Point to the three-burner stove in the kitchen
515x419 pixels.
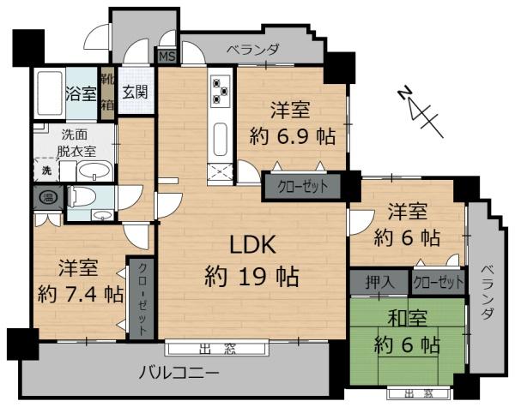tap(219, 90)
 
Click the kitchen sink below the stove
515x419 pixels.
tap(219, 137)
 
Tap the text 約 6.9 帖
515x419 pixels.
tap(291, 135)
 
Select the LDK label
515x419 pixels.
tap(251, 245)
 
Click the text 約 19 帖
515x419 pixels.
tap(251, 277)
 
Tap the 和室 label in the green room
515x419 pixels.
tap(407, 318)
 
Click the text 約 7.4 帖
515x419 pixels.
tap(80, 293)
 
